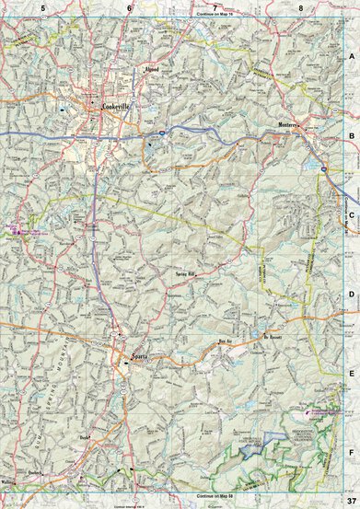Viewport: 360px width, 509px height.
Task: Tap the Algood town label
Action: [153, 70]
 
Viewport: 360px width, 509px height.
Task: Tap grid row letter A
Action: [351, 55]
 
